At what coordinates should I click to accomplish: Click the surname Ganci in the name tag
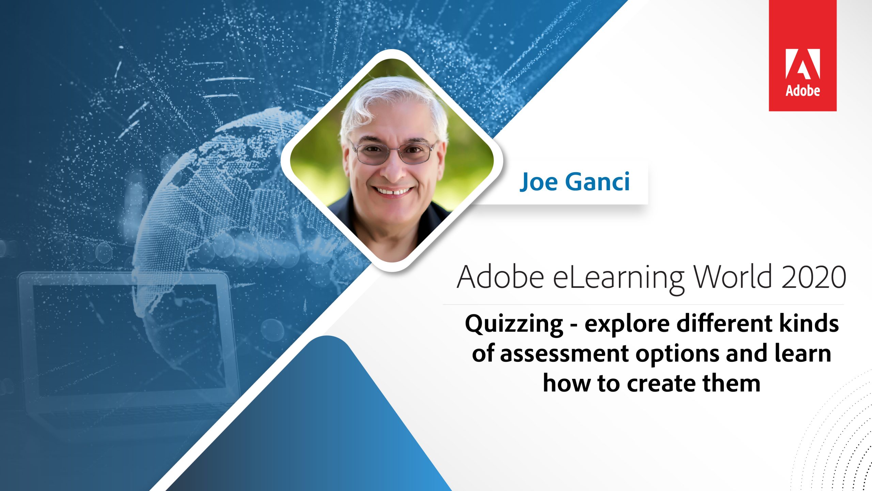(x=597, y=182)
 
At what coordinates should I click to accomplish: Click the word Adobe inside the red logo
(x=803, y=90)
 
